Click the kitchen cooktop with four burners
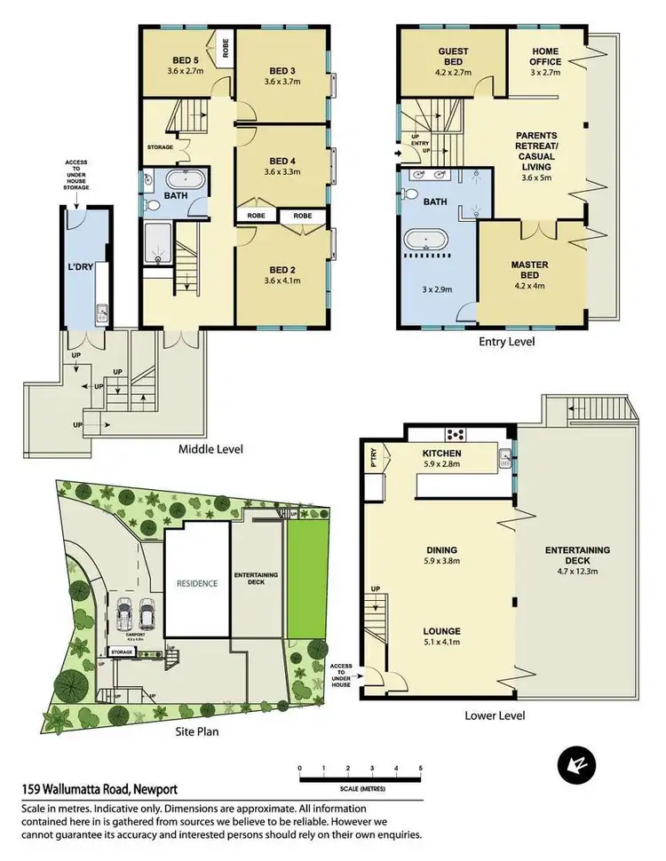pyautogui.click(x=456, y=435)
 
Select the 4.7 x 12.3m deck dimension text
pyautogui.click(x=578, y=562)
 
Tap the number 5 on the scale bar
pyautogui.click(x=420, y=769)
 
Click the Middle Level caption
pyautogui.click(x=210, y=449)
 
